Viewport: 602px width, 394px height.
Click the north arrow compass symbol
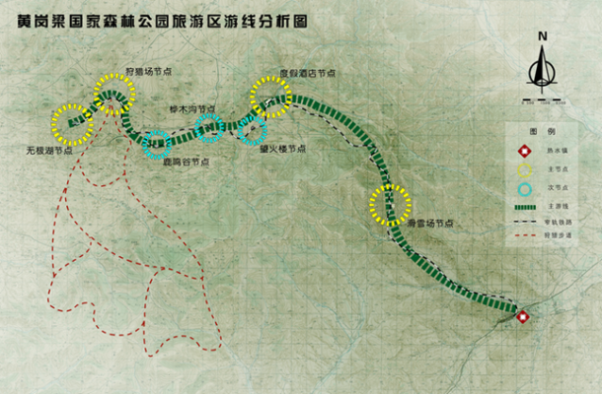click(542, 69)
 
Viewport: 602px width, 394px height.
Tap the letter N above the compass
click(542, 37)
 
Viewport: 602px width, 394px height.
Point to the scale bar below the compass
click(542, 98)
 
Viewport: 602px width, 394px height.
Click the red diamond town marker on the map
click(523, 316)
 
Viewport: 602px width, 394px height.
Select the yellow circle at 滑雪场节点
click(390, 205)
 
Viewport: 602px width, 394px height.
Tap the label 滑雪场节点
click(430, 224)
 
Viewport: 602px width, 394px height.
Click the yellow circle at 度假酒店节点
click(270, 97)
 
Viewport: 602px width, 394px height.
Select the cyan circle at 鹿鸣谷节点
click(157, 145)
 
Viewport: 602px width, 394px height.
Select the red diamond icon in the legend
click(526, 152)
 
